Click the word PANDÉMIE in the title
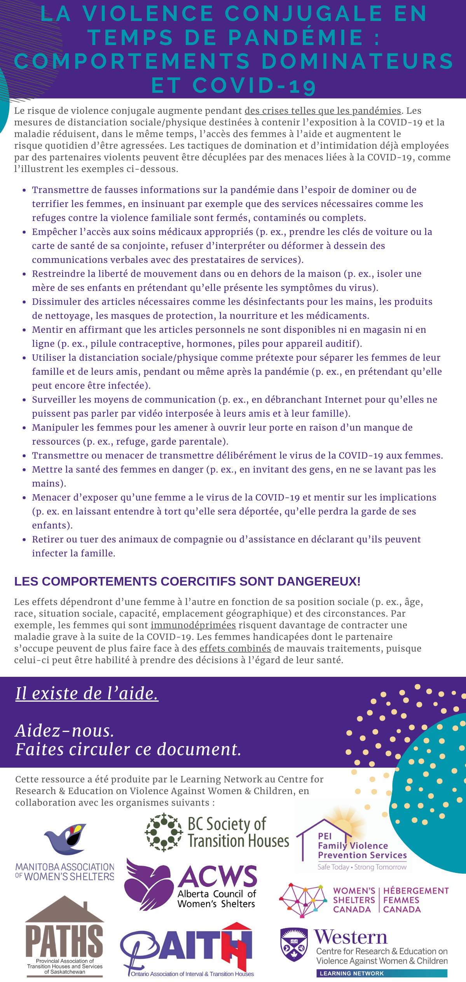[x=296, y=37]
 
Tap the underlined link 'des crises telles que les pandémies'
[x=323, y=111]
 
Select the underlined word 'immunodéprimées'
[x=193, y=625]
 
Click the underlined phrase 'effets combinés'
[x=235, y=648]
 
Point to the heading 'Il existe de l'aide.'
[x=87, y=693]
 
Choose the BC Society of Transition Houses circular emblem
[x=164, y=832]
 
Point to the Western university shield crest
[x=294, y=944]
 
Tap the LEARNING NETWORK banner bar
[x=381, y=973]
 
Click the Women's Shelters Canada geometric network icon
[x=302, y=900]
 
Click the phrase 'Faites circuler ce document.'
[x=128, y=749]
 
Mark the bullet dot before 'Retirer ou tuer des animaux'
[x=24, y=540]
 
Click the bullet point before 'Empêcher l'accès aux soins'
[x=24, y=232]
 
